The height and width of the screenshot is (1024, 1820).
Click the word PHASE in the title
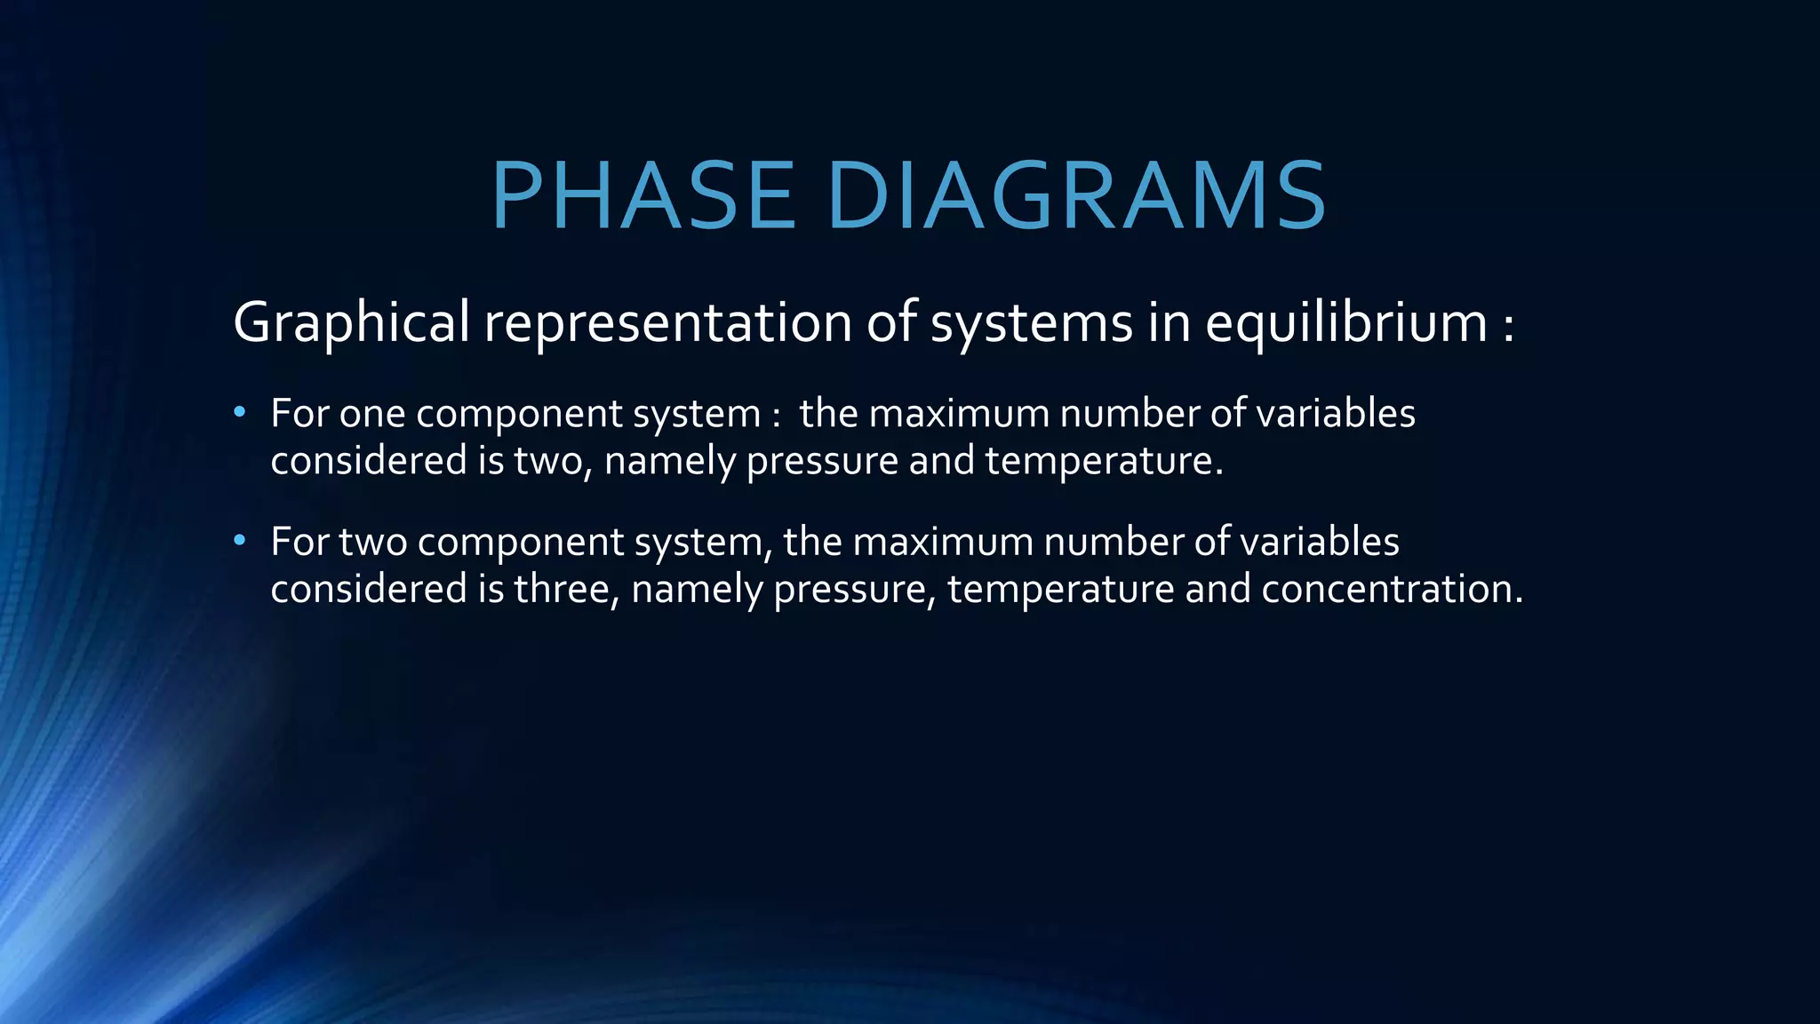tap(643, 196)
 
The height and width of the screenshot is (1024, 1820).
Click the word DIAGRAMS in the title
tap(1076, 196)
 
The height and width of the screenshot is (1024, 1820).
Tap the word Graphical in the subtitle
tap(351, 321)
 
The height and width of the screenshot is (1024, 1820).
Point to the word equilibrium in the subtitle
tap(1345, 321)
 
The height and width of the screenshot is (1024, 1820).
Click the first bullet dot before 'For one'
tap(239, 413)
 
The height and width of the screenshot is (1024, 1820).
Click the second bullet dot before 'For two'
tap(239, 541)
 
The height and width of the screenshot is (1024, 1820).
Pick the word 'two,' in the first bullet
tap(553, 461)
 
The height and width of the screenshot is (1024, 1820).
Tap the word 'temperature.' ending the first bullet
tap(1104, 461)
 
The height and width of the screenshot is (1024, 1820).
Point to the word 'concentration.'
tap(1392, 589)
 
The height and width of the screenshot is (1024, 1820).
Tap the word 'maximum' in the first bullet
tap(959, 414)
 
